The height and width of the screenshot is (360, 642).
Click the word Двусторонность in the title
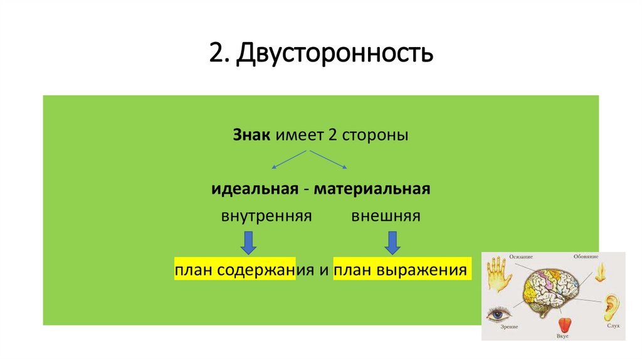335,54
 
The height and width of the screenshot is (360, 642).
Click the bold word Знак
251,135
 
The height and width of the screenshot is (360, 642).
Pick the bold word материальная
372,189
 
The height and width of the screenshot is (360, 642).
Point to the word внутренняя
266,216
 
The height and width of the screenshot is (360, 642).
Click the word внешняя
386,216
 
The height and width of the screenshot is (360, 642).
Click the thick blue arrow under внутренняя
249,242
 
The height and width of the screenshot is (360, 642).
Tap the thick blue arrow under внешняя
392,242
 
